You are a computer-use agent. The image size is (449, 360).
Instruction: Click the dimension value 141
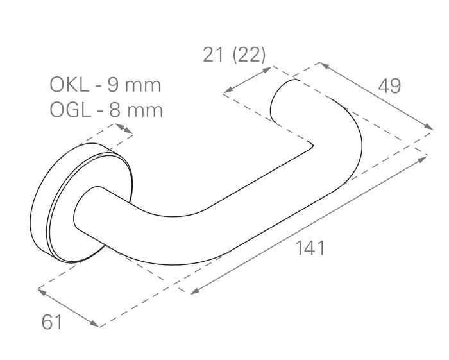coord(309,248)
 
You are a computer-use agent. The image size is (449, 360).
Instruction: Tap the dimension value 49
coord(389,85)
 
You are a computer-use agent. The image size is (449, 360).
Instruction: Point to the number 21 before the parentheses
coord(212,55)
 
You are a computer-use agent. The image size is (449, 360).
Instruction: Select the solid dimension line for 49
coord(376,96)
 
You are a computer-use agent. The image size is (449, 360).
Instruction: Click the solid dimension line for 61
coord(68,307)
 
